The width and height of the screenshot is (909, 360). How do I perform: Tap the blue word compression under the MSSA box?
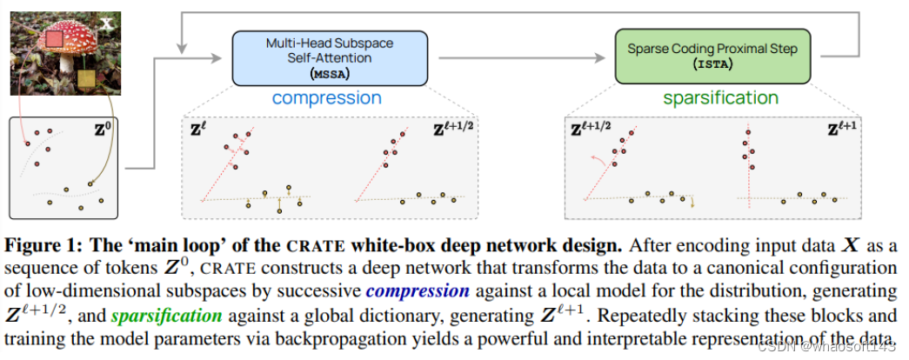(326, 97)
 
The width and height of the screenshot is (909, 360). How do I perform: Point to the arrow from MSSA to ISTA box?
(522, 58)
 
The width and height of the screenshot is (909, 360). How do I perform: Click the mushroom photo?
(58, 57)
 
